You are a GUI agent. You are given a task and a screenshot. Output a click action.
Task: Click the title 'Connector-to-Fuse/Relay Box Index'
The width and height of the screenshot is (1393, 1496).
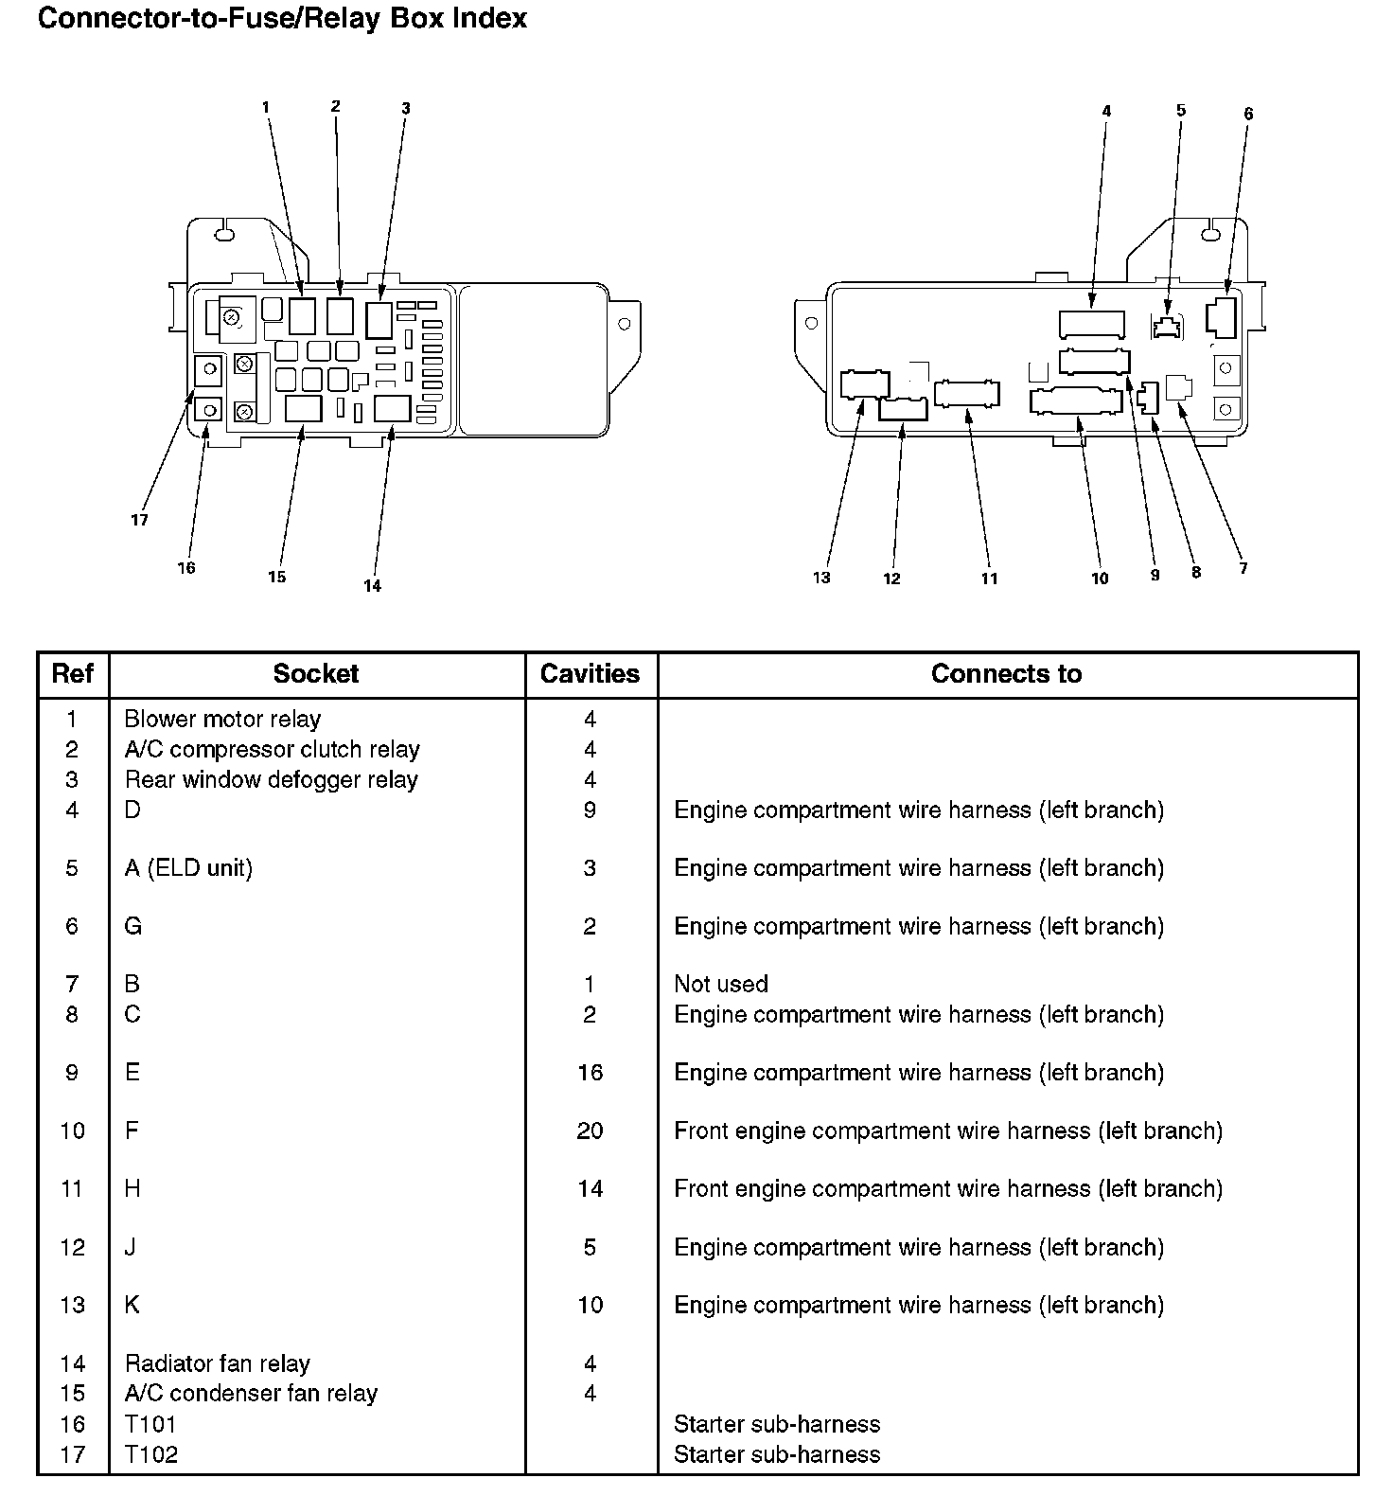pos(282,19)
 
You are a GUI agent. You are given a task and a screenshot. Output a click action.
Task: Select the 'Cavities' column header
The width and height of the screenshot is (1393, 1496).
pos(590,674)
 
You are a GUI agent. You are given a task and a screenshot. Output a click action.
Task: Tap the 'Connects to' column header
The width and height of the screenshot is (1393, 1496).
pos(1006,674)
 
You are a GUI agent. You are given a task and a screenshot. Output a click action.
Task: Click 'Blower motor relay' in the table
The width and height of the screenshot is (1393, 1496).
pos(222,719)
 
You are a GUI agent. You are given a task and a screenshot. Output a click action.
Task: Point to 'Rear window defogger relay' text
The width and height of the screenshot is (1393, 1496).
pos(271,779)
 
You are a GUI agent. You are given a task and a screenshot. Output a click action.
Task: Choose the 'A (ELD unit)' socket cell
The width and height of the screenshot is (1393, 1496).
pos(188,868)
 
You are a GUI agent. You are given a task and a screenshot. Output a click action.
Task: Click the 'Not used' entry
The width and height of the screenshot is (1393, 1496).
pos(720,984)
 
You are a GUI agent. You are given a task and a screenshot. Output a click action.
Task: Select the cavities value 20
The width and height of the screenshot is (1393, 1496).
pos(590,1131)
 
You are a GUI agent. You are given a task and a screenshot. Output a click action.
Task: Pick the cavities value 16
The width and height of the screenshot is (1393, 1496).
pos(590,1073)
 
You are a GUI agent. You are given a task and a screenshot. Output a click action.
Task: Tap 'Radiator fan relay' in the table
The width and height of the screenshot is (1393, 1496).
pos(217,1363)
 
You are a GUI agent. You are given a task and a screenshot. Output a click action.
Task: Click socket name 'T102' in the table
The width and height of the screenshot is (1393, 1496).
pos(150,1454)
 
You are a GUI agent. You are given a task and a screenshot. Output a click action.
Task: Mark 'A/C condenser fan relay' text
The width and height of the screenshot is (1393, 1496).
pos(251,1394)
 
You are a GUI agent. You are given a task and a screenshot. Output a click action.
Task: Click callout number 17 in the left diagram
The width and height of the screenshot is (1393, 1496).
pos(139,520)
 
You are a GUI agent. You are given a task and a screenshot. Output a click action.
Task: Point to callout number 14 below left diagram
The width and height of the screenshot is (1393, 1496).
pos(372,586)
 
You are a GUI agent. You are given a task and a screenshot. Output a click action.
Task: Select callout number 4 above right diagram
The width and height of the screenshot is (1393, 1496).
pos(1106,112)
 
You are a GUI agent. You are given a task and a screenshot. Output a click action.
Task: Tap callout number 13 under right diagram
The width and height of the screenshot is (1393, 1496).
pos(820,578)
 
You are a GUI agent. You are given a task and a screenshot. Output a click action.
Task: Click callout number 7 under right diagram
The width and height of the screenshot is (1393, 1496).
pos(1243,568)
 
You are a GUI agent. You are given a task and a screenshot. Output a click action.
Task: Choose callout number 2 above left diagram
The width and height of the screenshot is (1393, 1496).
pos(335,107)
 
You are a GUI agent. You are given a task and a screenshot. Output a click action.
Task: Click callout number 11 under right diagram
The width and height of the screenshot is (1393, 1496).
pos(989,579)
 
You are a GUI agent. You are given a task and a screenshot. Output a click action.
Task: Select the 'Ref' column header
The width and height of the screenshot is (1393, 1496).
pos(73,674)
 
